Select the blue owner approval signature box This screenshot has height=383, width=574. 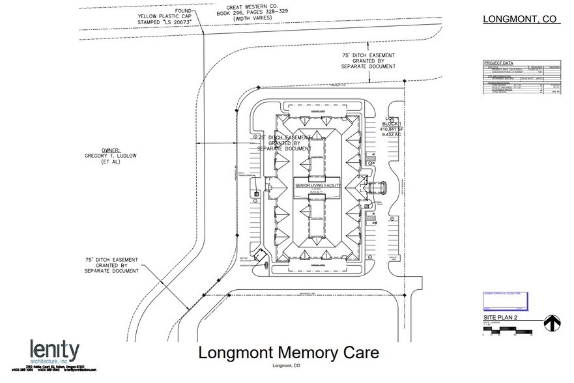pyautogui.click(x=508, y=300)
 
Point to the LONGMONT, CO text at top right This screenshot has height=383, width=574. pyautogui.click(x=519, y=19)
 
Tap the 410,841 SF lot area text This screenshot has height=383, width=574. pyautogui.click(x=394, y=130)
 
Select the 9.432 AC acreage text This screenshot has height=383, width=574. pyautogui.click(x=394, y=136)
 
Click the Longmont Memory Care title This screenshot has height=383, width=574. pyautogui.click(x=287, y=354)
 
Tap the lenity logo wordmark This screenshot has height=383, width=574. pyautogui.click(x=55, y=350)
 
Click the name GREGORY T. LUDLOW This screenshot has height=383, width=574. pyautogui.click(x=114, y=156)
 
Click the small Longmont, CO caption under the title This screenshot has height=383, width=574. pyautogui.click(x=287, y=365)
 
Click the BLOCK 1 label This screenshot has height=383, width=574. pyautogui.click(x=394, y=123)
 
